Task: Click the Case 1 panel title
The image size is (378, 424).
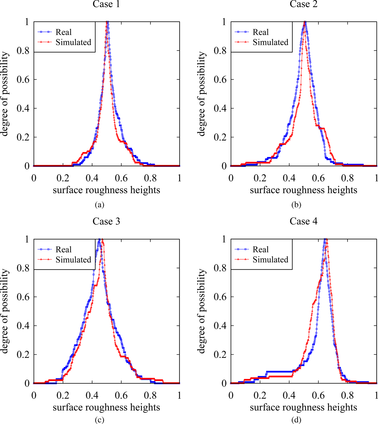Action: (106, 4)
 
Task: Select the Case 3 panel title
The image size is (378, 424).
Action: (106, 221)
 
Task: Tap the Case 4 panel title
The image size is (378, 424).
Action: (303, 221)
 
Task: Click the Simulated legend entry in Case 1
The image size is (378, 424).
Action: (73, 42)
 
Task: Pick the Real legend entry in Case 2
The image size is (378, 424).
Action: (261, 32)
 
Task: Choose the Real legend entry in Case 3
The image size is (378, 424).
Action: (63, 249)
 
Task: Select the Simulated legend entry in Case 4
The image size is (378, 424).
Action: (270, 260)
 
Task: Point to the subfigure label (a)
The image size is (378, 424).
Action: (100, 205)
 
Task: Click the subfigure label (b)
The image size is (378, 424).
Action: (296, 205)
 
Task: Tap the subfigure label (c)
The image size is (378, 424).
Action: (100, 420)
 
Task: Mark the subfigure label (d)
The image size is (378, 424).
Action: (296, 420)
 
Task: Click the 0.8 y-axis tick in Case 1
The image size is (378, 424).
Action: (23, 51)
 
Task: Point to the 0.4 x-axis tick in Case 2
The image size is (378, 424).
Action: (289, 178)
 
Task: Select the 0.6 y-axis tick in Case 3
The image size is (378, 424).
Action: (23, 297)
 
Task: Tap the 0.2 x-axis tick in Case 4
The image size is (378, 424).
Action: (260, 395)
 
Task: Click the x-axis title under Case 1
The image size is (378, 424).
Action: (106, 190)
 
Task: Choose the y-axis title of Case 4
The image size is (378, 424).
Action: (202, 311)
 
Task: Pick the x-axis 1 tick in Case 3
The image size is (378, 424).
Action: (179, 395)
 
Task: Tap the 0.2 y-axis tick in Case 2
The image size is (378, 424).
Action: (220, 137)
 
